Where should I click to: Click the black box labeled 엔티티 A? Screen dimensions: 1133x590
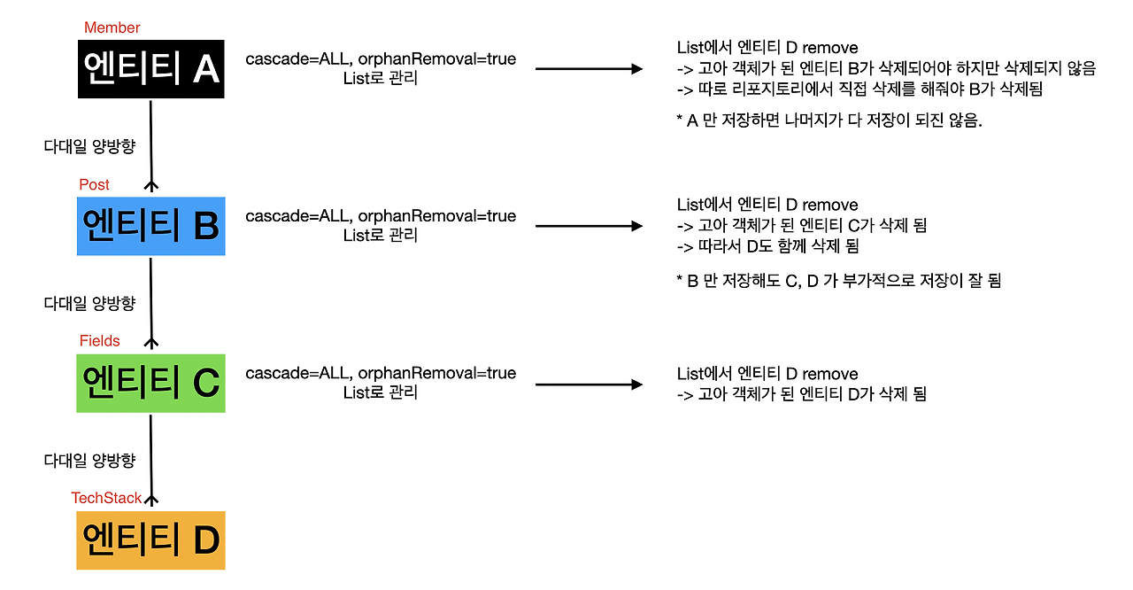[150, 68]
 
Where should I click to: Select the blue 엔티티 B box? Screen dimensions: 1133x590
[150, 226]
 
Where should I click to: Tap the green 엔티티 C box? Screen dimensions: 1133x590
[150, 383]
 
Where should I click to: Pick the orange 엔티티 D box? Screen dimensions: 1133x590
[150, 540]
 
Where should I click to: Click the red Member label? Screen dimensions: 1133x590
[112, 27]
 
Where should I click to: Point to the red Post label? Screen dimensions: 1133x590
[95, 184]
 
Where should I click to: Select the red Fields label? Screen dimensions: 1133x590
[100, 341]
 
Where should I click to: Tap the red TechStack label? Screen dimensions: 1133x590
[106, 498]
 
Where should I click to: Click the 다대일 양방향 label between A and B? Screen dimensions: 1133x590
[89, 146]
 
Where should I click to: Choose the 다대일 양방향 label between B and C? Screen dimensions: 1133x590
[89, 303]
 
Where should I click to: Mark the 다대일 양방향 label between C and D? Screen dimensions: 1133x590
[89, 460]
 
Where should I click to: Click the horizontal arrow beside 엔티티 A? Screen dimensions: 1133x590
[589, 68]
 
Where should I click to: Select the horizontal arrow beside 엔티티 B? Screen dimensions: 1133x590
[589, 226]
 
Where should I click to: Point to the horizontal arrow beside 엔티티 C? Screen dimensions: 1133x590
[589, 384]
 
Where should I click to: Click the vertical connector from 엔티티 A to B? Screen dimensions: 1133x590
[151, 142]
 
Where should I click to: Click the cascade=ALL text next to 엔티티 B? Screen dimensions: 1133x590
[381, 216]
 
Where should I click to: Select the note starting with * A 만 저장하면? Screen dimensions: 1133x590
[829, 121]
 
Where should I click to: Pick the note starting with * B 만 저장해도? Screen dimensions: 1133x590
[837, 281]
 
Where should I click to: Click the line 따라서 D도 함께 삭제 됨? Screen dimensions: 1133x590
[767, 246]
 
